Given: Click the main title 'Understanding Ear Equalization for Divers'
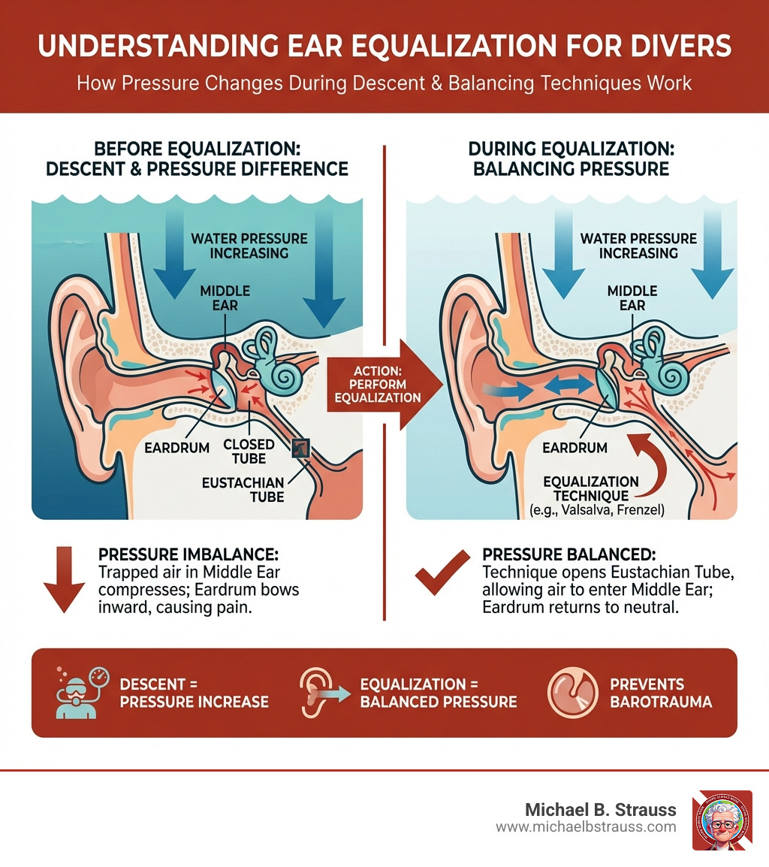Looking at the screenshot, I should (x=384, y=47).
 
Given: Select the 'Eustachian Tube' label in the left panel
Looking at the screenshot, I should (x=243, y=489).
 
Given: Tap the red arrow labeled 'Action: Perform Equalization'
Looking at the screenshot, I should (x=373, y=384).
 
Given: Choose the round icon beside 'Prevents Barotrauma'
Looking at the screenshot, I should (x=572, y=693).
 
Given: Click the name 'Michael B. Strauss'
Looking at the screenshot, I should (x=602, y=810).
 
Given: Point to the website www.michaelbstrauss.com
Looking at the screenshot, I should (x=586, y=827).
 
